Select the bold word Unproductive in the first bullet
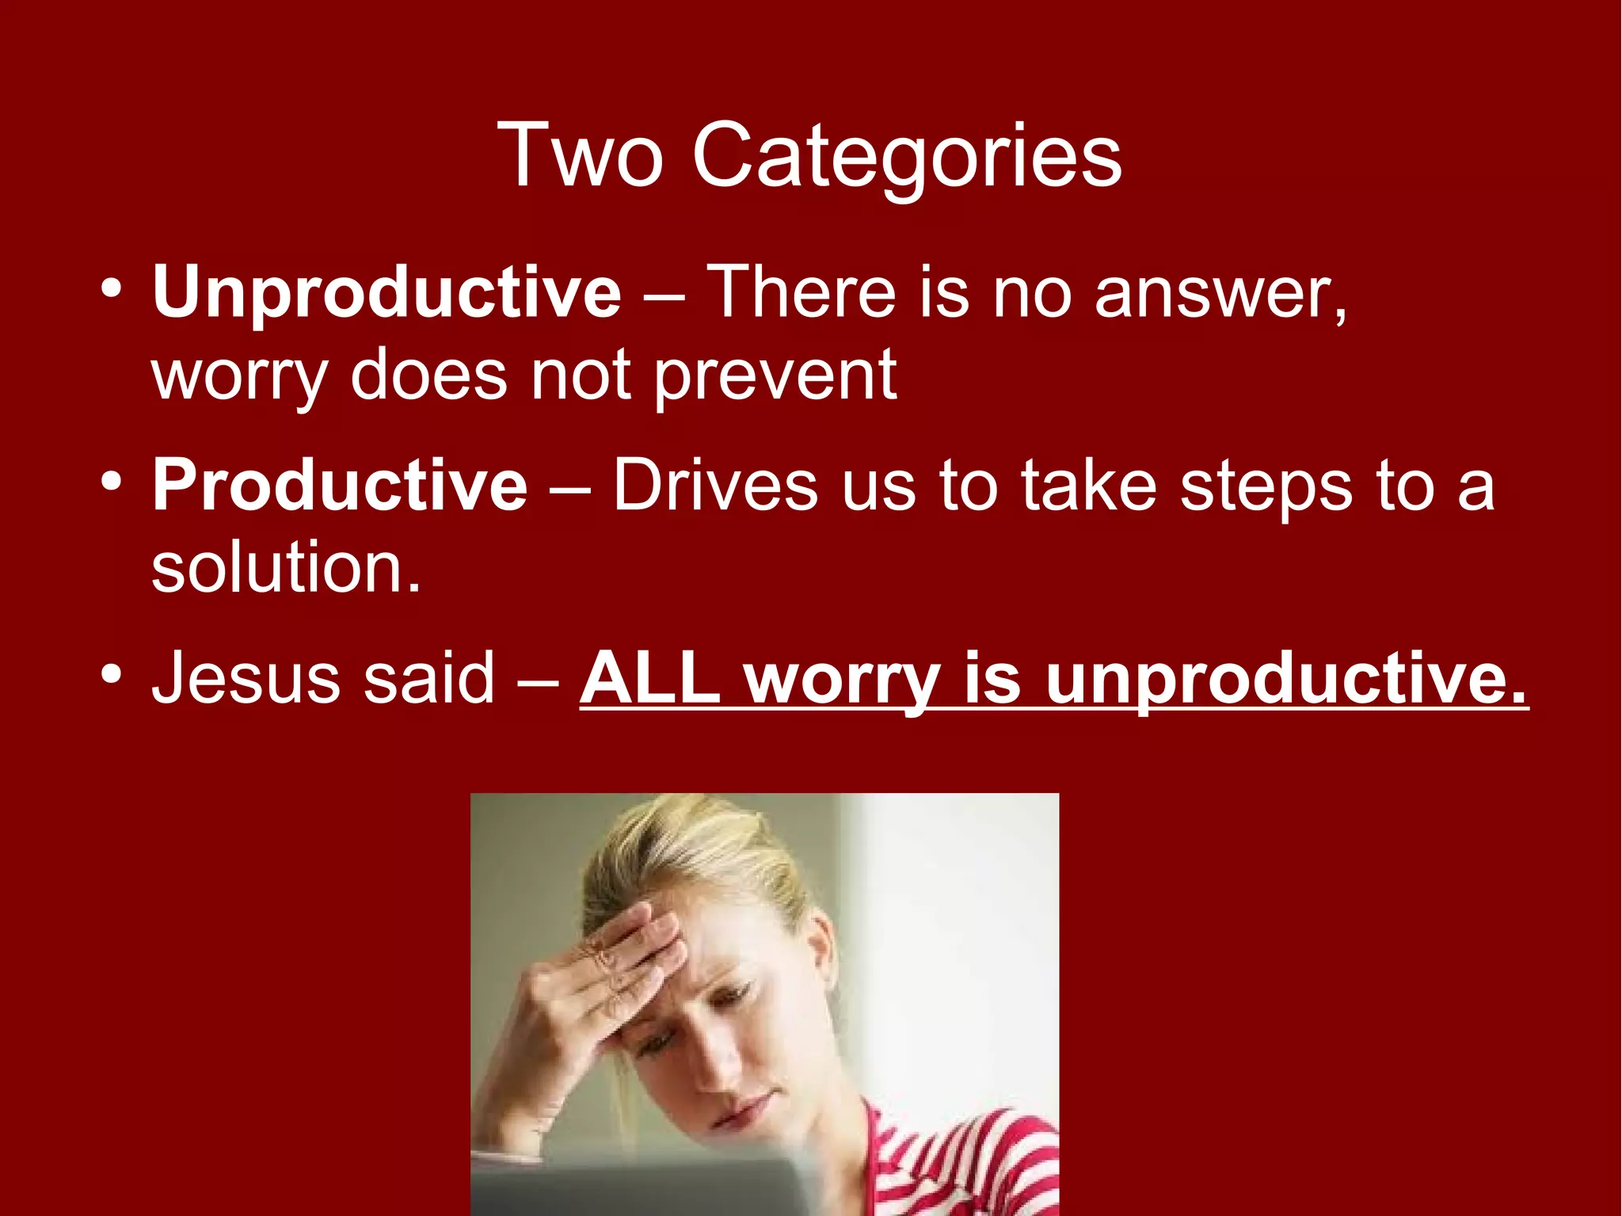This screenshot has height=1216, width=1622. [x=386, y=293]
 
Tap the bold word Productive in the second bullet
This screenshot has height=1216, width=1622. [x=340, y=485]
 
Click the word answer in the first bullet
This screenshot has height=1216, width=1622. [x=1220, y=293]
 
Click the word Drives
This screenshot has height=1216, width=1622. [x=715, y=485]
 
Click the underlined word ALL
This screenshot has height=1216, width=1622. [x=651, y=677]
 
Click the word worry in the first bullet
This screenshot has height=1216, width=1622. [x=239, y=377]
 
